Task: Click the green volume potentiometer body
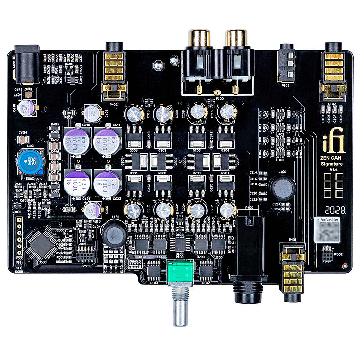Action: coord(179,271)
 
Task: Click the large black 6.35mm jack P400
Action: coord(249,255)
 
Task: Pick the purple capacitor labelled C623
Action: coord(108,182)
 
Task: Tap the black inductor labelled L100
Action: coord(281,188)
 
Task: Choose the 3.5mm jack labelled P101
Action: coord(287,61)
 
